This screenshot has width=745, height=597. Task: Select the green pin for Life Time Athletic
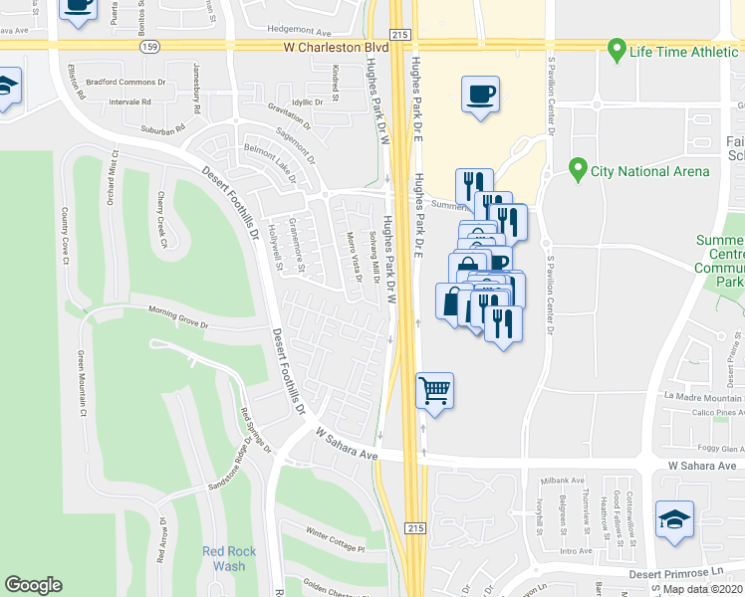coord(617,48)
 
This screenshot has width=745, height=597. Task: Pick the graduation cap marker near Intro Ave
coord(674,520)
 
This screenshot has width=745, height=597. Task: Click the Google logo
coord(34,585)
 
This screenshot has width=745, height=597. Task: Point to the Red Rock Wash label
coord(223,558)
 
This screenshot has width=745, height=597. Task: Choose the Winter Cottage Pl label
coord(336,540)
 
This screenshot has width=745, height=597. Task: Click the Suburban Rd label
coord(163,128)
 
